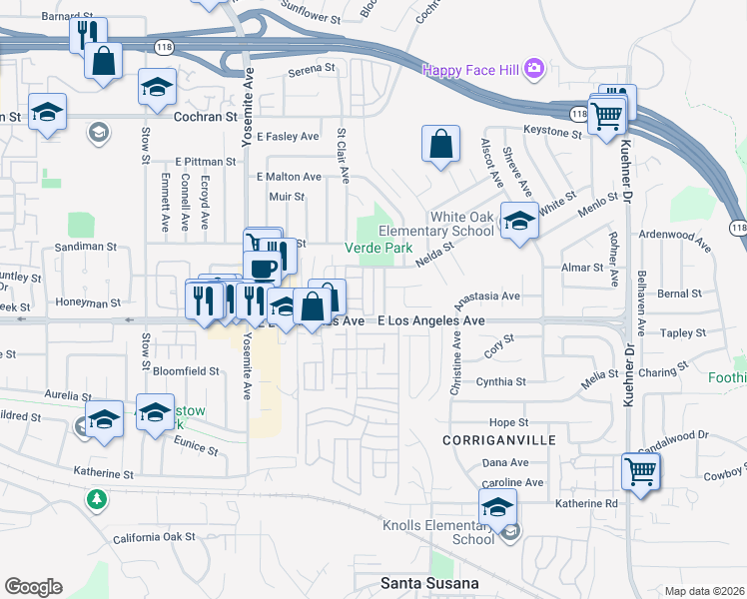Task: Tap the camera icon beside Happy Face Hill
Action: (x=535, y=68)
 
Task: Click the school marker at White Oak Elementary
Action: (x=519, y=222)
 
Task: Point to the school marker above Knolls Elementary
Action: (x=497, y=506)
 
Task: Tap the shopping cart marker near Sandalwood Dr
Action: (x=640, y=470)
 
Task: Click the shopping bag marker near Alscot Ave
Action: (x=440, y=145)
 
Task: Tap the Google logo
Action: (x=33, y=587)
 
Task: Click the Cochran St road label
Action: (x=207, y=116)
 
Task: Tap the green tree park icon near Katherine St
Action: (x=97, y=498)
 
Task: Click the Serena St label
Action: (x=311, y=68)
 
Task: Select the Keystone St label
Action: (x=553, y=132)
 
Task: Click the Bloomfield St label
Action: (x=186, y=370)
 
